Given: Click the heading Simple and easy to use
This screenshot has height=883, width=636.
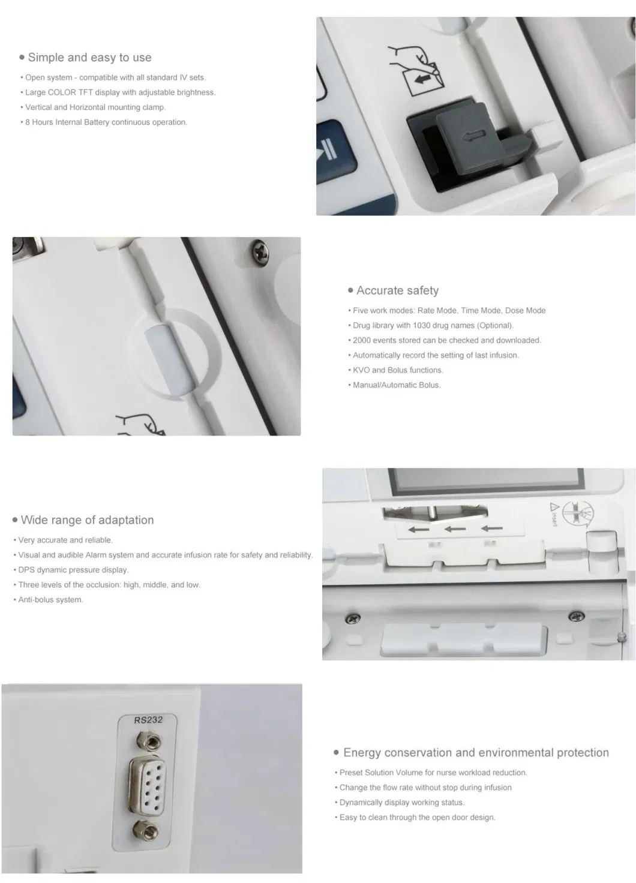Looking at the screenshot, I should click(x=89, y=58).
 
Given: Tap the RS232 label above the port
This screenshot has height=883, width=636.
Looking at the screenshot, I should click(x=148, y=719).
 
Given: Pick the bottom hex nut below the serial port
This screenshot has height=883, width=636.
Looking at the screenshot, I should click(x=147, y=830).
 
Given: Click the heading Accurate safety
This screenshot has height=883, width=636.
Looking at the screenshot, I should click(x=397, y=290).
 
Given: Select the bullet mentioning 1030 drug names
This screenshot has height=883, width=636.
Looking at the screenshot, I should click(x=433, y=325).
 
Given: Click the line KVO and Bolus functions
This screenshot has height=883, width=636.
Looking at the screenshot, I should click(x=397, y=370).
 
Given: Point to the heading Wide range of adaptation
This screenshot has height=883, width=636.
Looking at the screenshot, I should click(x=87, y=520).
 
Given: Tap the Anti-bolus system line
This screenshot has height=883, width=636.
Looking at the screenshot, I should click(x=50, y=600).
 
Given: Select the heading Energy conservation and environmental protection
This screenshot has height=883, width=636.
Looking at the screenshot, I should click(x=475, y=753).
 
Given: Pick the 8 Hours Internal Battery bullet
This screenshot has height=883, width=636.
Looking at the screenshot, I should click(x=106, y=122).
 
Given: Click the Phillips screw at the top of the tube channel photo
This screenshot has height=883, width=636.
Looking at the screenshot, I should click(x=260, y=246).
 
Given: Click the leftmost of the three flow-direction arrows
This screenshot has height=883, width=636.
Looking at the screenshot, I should click(x=418, y=529).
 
